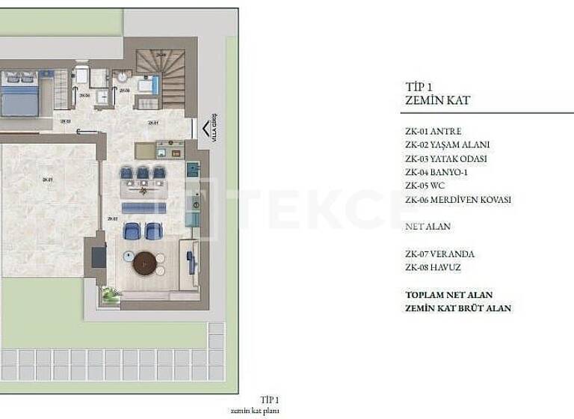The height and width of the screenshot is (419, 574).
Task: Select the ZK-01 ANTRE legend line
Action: coord(433,131)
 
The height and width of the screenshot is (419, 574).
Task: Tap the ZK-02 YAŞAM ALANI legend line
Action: coord(447,144)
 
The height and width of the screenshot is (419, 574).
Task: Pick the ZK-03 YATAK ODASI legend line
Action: coord(445,159)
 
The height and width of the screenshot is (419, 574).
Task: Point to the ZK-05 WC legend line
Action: coord(425,186)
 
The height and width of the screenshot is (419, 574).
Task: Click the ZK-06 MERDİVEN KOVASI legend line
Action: coord(457,200)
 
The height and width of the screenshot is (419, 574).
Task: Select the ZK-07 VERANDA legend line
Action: coord(439,254)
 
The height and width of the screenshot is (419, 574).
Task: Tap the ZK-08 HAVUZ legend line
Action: coord(433,267)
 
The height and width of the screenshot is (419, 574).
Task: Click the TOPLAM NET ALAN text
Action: coord(448,295)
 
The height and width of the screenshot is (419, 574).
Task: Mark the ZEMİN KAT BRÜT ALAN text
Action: coord(457,308)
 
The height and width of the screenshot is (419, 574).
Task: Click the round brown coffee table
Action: coord(144,263)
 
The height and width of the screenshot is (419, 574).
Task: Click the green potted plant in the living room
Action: coord(111,296)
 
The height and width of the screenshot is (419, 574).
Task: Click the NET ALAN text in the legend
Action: coord(427,226)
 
